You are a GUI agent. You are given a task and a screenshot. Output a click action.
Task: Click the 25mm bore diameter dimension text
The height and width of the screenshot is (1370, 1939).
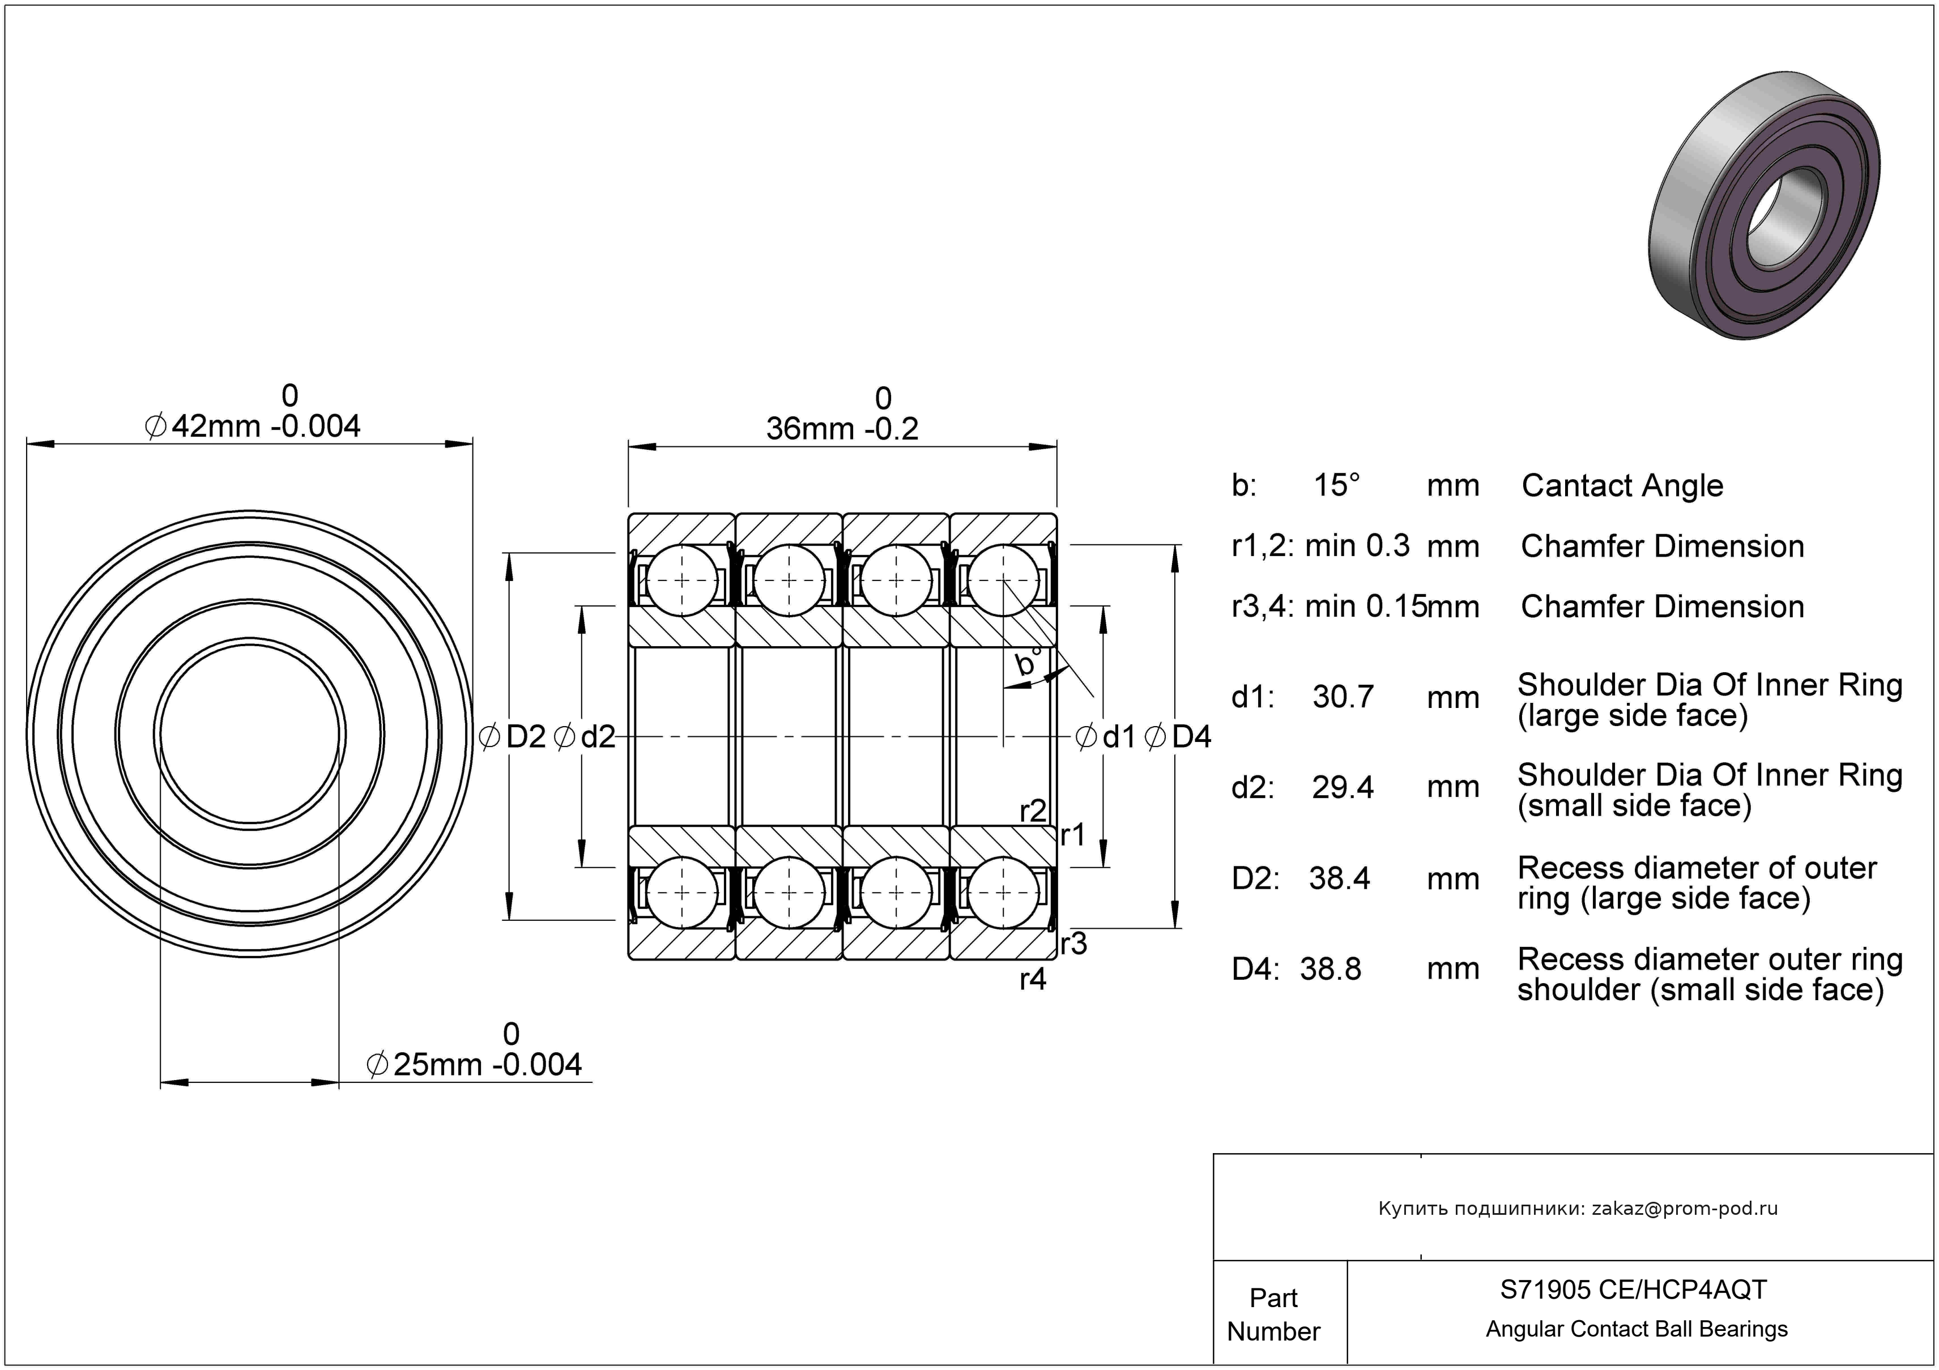[475, 1064]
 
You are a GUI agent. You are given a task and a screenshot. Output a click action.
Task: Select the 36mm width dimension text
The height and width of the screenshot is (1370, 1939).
[842, 428]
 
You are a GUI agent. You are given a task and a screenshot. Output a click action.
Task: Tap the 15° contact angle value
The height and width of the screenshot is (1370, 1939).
[1337, 485]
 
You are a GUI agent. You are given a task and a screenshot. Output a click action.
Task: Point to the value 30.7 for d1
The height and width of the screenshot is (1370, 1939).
[1343, 697]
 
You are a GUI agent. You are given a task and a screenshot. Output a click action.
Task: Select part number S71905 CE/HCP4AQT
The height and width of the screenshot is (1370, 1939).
[1633, 1289]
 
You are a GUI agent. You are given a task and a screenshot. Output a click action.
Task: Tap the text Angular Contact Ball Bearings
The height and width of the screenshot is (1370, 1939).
[1637, 1329]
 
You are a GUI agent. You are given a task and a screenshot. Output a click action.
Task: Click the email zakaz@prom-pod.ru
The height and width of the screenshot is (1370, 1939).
[1685, 1208]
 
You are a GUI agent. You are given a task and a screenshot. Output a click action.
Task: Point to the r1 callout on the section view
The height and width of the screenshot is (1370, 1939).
[1072, 834]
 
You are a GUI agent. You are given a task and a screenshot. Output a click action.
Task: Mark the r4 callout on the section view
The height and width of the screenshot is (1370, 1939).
[1033, 979]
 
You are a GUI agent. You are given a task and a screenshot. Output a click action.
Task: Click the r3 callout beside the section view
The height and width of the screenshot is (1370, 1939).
[1073, 943]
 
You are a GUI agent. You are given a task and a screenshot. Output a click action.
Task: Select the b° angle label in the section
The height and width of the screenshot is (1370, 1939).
[1028, 662]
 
